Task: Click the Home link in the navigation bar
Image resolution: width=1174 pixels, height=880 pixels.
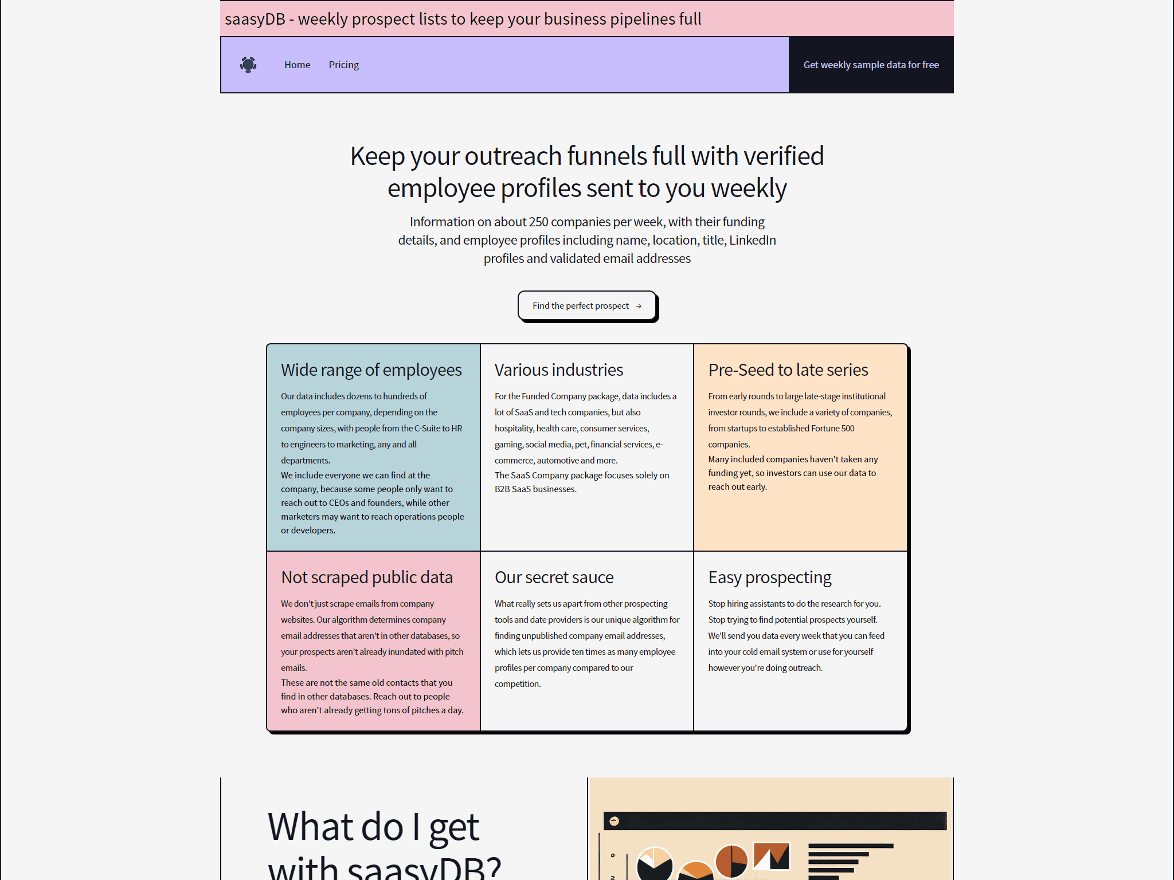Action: click(x=297, y=65)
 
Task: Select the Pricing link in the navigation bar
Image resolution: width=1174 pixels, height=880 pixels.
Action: click(x=343, y=65)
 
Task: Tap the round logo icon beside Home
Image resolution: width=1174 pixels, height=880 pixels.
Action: click(x=248, y=65)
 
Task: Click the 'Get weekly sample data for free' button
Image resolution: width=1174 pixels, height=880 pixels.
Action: click(x=871, y=65)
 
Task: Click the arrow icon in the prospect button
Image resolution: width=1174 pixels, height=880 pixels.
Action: click(x=639, y=306)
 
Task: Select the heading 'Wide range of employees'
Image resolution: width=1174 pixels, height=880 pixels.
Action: click(x=371, y=370)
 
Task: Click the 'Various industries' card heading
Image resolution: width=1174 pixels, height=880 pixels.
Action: click(x=559, y=370)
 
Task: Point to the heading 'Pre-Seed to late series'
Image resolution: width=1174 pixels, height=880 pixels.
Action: click(x=788, y=370)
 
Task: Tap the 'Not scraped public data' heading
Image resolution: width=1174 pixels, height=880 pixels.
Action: click(x=367, y=577)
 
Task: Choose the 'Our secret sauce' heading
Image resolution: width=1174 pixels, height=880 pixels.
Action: click(x=554, y=577)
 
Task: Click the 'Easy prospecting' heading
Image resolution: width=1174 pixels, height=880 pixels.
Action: click(x=770, y=577)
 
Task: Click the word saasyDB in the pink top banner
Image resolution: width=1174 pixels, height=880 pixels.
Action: click(x=255, y=19)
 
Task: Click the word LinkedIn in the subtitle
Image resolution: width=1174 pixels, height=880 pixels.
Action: click(x=753, y=240)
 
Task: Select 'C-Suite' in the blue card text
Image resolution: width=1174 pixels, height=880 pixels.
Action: click(x=427, y=429)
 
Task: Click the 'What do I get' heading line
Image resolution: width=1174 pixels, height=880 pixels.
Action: click(x=373, y=827)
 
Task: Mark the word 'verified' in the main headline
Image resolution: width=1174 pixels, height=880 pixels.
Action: click(x=784, y=156)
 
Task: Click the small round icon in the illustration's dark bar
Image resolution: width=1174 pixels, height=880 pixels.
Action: click(x=614, y=821)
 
